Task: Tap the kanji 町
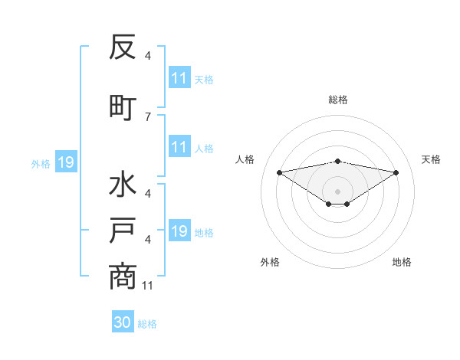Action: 123,106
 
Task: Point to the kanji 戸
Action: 123,231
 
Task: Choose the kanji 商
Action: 123,276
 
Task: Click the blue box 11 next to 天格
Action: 179,78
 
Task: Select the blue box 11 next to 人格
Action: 179,147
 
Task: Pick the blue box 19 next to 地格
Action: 179,231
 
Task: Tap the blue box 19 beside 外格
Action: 65,162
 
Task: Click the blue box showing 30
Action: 123,323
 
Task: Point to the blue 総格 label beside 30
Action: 147,324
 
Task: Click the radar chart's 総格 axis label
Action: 337,100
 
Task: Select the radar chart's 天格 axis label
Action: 431,159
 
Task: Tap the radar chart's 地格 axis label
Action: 402,262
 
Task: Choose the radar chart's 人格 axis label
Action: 245,159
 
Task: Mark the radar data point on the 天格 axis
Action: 396,172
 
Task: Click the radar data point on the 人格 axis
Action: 279,172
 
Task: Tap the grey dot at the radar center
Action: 337,191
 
